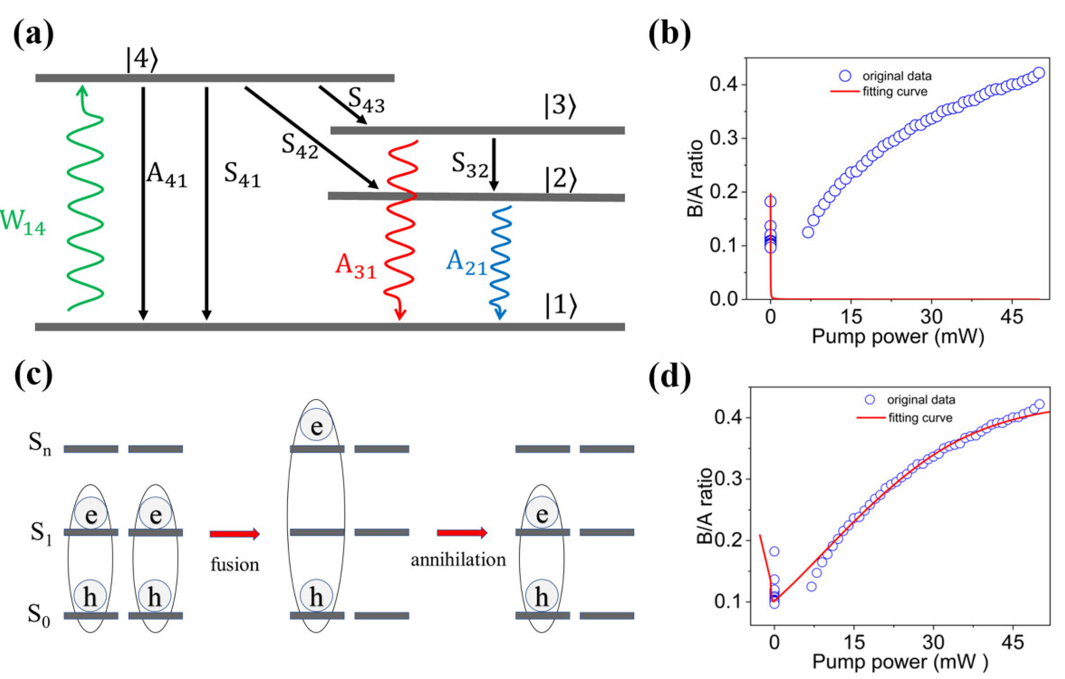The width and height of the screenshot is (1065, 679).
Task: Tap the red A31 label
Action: (355, 267)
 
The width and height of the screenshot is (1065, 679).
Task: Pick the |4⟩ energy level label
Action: (142, 59)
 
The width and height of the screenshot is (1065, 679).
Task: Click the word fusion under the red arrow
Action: (234, 565)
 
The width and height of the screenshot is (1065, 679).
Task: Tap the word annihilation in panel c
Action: (458, 560)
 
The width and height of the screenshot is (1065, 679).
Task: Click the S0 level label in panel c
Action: (39, 615)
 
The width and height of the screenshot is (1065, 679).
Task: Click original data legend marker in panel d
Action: (870, 400)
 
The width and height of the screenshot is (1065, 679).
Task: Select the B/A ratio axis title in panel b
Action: (695, 179)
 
